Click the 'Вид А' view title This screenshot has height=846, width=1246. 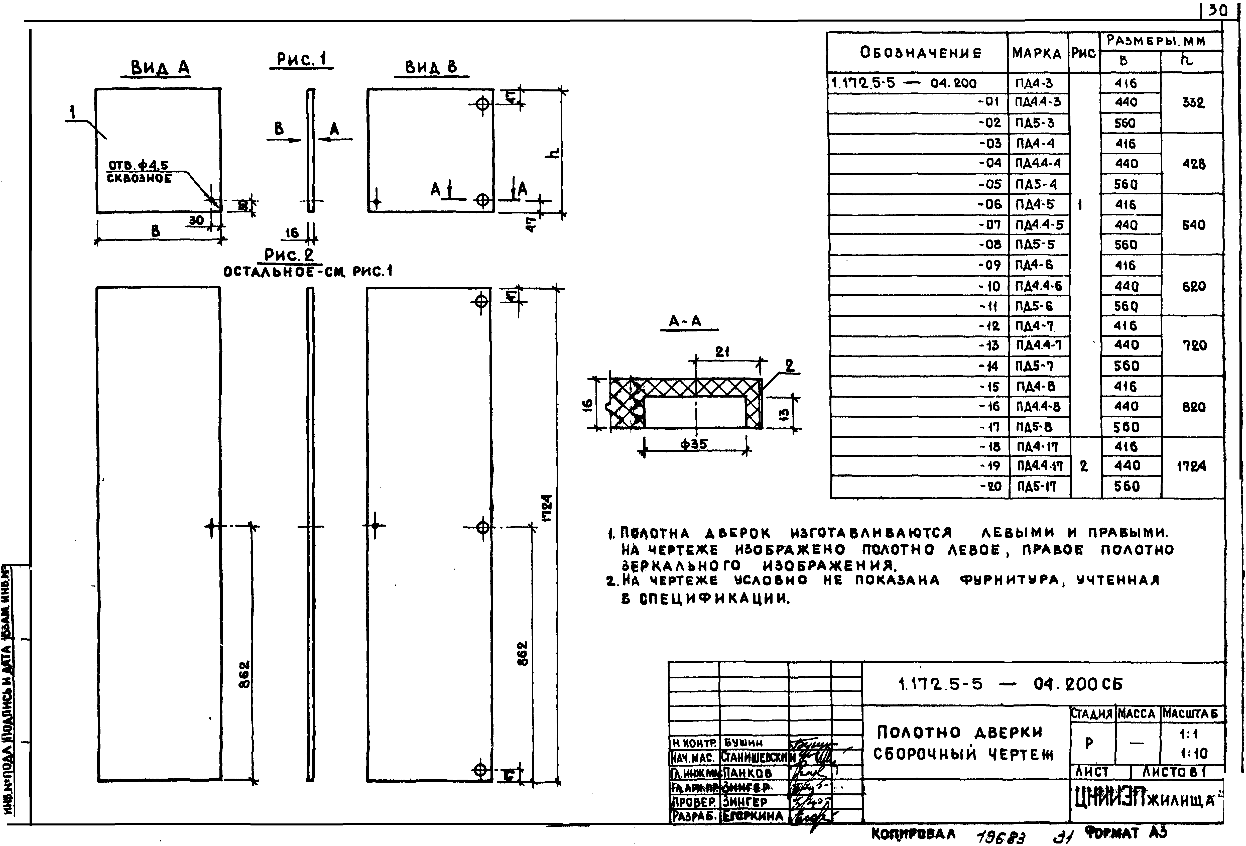(x=160, y=68)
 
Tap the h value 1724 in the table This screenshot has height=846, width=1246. (x=1191, y=466)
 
